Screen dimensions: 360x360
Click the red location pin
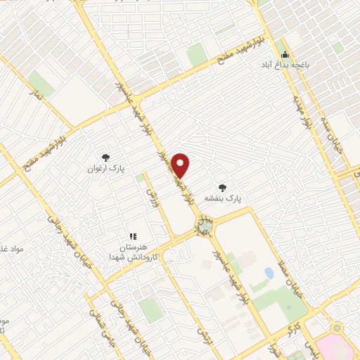pos(181,165)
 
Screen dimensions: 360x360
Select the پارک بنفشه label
pos(223,199)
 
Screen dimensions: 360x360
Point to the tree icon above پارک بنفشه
pos(223,187)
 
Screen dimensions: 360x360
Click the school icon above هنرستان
pos(131,236)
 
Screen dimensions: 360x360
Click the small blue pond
pos(269,272)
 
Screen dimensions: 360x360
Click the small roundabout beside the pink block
pos(336,328)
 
